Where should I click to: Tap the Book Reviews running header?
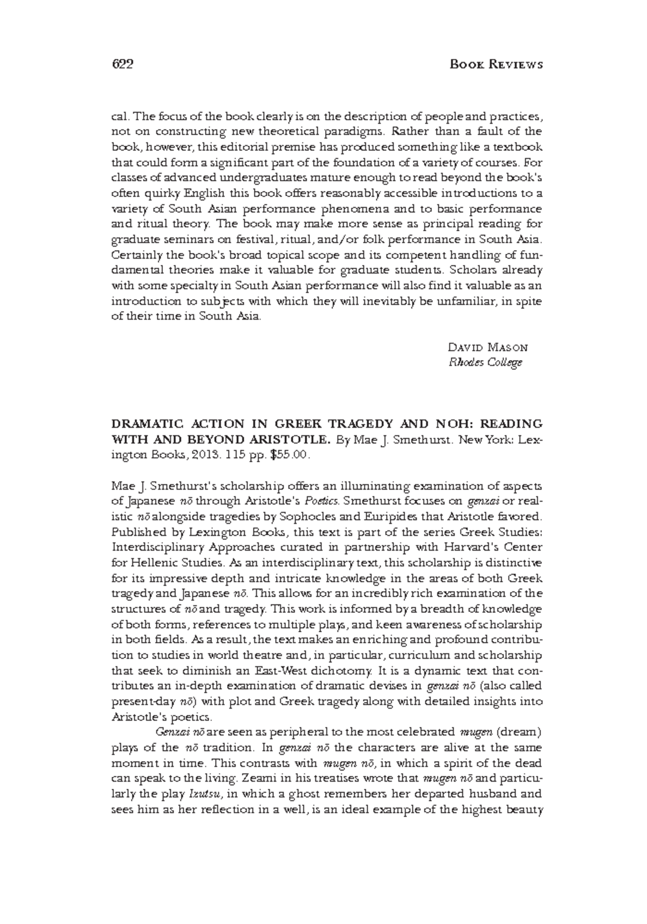495,65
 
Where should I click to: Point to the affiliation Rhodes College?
485,362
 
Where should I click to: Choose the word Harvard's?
475,547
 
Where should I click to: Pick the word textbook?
520,147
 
